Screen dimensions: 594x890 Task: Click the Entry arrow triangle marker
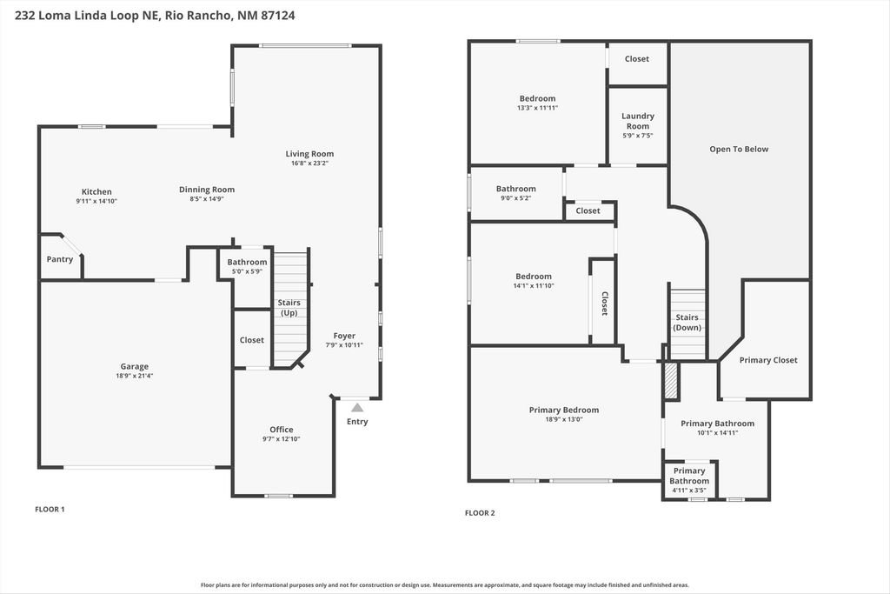coord(357,407)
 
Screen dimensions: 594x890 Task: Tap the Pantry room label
coord(60,259)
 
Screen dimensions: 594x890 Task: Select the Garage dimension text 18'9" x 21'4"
coord(134,377)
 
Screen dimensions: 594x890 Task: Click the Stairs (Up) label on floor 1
coord(289,307)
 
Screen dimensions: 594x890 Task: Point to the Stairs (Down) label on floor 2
coord(687,323)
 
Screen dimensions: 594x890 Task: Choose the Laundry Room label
coord(638,121)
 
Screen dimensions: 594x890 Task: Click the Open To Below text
coord(739,149)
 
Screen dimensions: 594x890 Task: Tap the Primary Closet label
coord(768,360)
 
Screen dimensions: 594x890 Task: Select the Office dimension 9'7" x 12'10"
coord(281,440)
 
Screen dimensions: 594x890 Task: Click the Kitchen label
coord(96,191)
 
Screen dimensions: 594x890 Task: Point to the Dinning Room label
coord(207,190)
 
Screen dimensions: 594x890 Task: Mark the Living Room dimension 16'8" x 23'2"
coord(309,164)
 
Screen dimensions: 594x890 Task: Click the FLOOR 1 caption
coord(50,509)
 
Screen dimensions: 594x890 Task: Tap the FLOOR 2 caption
coord(480,513)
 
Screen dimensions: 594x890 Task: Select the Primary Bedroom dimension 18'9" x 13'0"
coord(564,419)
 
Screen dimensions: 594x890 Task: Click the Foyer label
coord(344,336)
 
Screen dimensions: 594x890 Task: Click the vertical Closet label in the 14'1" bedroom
coord(604,303)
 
